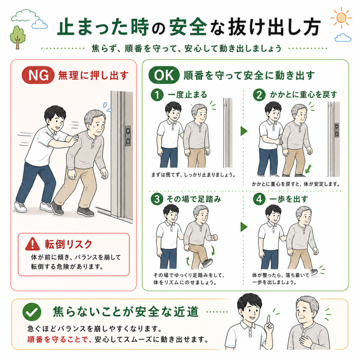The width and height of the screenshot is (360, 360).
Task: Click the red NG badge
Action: [38, 75]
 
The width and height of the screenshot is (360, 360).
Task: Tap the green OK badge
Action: [164, 75]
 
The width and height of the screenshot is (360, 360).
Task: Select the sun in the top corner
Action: [341, 18]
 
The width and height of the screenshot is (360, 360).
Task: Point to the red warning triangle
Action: [33, 244]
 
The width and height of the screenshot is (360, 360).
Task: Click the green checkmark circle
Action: [32, 311]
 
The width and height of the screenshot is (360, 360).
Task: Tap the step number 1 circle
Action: [157, 95]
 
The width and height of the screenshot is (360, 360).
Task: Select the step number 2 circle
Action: [259, 95]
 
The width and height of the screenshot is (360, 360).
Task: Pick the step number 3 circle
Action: [157, 199]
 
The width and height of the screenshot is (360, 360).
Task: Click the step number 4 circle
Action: [259, 199]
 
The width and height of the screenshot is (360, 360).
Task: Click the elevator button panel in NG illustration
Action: [128, 136]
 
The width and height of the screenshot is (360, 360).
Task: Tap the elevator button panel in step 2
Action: [336, 130]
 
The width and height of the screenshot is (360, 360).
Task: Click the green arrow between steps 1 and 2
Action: [244, 131]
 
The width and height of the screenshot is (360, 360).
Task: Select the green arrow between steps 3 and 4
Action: [244, 227]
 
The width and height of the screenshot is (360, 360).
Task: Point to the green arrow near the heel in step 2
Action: [308, 168]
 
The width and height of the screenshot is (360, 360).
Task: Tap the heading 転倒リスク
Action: [69, 244]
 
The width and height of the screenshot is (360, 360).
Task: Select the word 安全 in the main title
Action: [188, 27]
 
